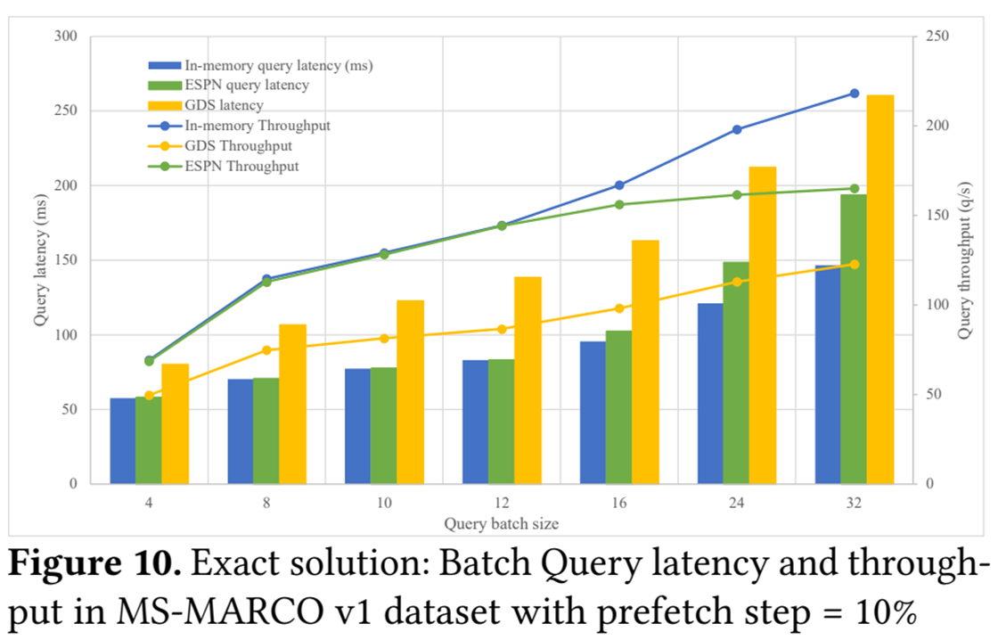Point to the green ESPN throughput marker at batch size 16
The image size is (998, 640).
(x=619, y=205)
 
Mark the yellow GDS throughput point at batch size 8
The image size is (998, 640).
(x=266, y=349)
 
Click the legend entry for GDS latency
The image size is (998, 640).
(x=223, y=105)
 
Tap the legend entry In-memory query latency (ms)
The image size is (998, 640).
(x=277, y=65)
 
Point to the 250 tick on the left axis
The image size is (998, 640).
(x=66, y=111)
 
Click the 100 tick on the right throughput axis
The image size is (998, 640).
(x=930, y=305)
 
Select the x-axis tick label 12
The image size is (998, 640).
(x=502, y=504)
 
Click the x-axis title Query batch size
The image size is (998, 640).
(x=501, y=523)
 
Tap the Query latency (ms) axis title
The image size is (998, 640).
(x=39, y=260)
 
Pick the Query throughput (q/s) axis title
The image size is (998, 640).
(x=964, y=260)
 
